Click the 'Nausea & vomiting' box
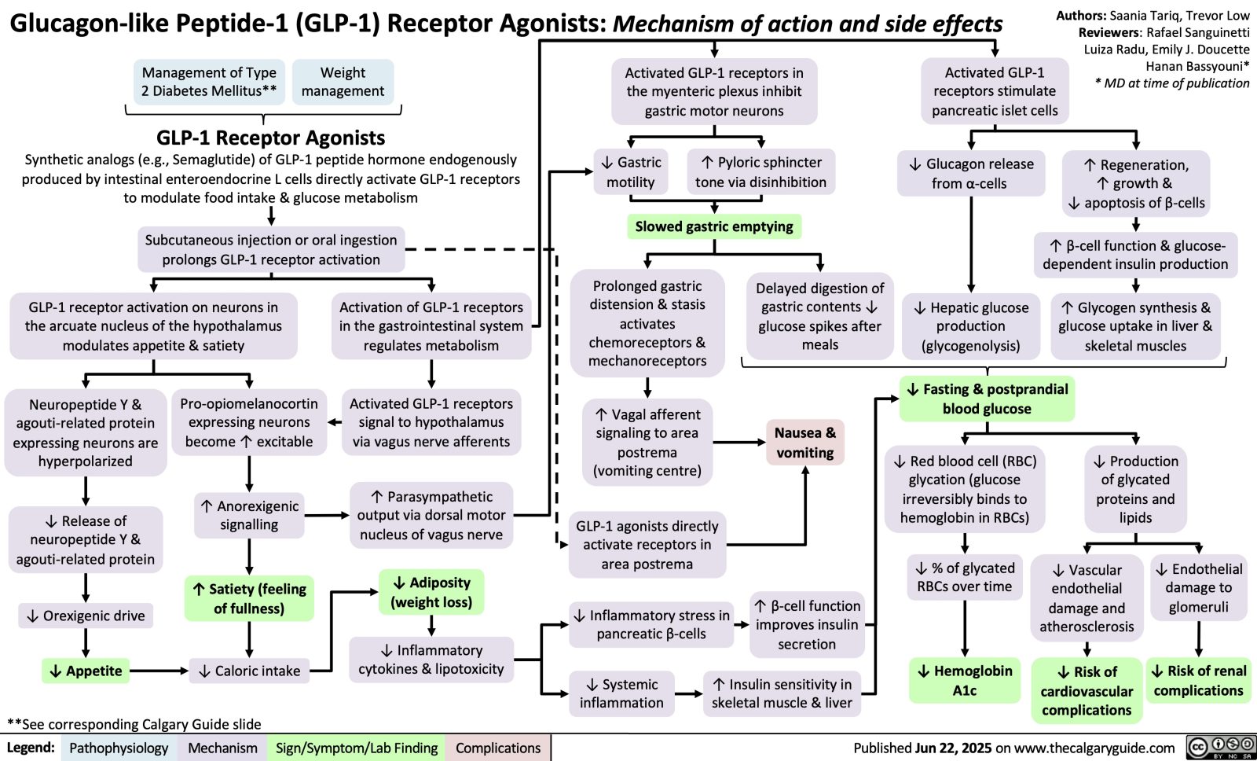tap(804, 443)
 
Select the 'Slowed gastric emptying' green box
tap(714, 226)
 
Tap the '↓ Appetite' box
tap(86, 671)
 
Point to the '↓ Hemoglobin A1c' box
tap(965, 680)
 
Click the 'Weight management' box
tap(343, 82)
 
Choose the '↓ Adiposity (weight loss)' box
tap(431, 592)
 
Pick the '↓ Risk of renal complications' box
tap(1199, 680)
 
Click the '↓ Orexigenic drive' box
tap(86, 616)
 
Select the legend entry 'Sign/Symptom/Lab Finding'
tap(356, 748)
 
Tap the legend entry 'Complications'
tap(498, 748)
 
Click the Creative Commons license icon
tap(1221, 747)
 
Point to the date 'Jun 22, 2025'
tap(953, 748)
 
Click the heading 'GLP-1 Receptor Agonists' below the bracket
tap(270, 138)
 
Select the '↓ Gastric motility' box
tap(631, 172)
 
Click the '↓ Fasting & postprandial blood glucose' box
tap(987, 399)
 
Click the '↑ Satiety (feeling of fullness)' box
tap(249, 598)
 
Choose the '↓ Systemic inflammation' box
tap(621, 693)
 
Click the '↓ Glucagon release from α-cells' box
tap(971, 173)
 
